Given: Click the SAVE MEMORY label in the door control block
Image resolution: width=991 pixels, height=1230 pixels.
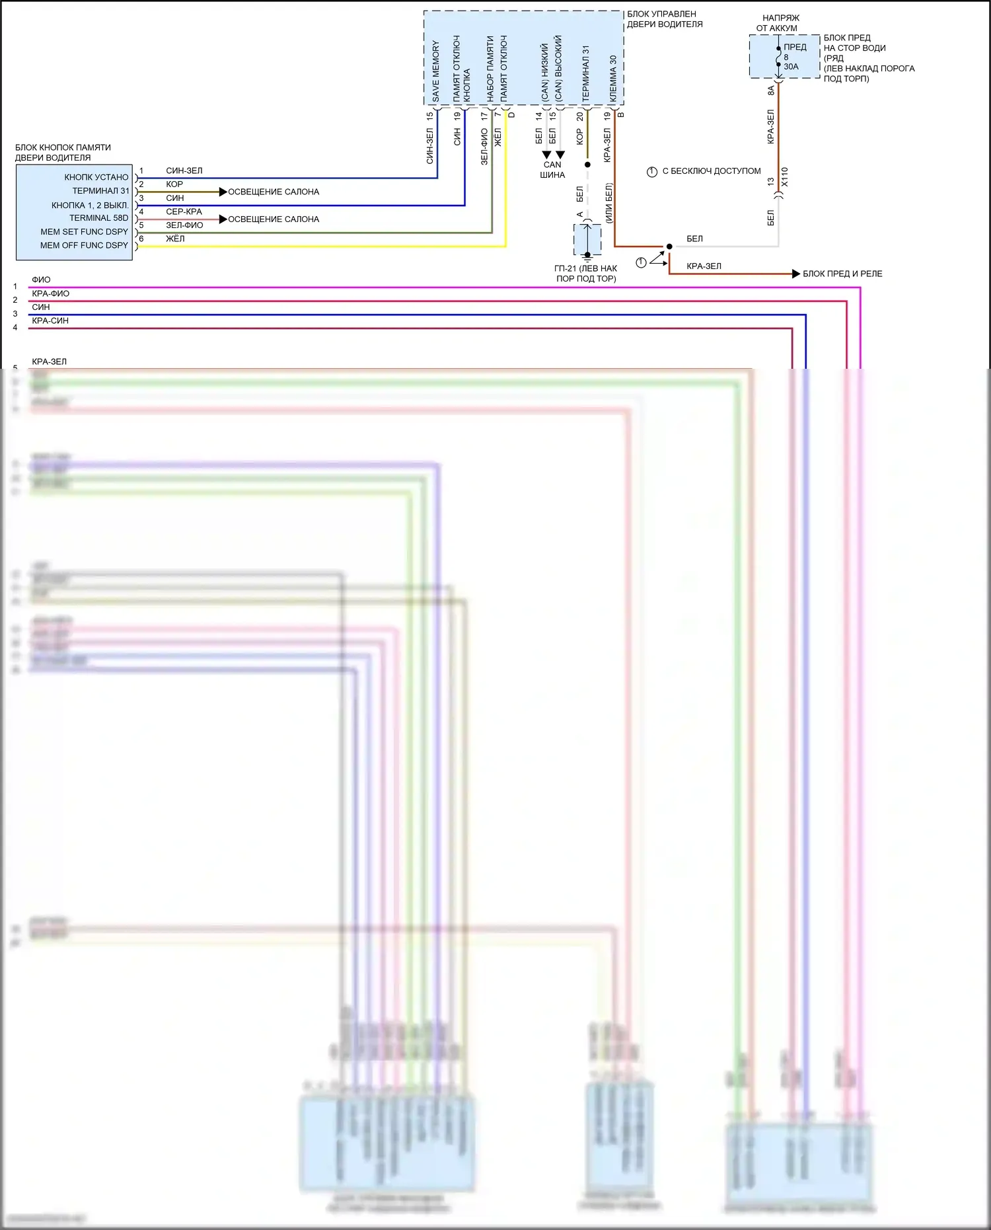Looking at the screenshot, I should (435, 71).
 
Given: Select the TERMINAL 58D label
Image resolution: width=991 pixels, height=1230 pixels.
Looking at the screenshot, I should (98, 218).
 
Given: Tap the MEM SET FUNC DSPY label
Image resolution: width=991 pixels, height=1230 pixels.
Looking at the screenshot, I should (84, 232).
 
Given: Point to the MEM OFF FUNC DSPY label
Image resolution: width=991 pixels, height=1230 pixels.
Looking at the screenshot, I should (84, 245).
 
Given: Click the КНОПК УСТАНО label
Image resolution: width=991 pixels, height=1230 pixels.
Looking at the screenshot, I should (96, 177).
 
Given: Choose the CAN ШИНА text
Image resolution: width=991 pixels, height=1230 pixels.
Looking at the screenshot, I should (552, 170).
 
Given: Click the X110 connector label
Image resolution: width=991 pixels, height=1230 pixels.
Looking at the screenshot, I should (785, 177).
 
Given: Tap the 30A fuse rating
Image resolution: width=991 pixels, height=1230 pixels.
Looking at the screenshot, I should (791, 67).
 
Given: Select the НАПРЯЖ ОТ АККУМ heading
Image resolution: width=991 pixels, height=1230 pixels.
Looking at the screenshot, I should (779, 23).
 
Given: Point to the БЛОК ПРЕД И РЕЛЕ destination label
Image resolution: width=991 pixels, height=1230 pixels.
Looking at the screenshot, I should (842, 274).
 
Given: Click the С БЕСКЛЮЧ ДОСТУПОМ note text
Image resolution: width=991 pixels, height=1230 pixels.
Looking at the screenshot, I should (711, 171).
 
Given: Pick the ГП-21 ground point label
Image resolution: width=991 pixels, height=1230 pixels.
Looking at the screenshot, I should (585, 274).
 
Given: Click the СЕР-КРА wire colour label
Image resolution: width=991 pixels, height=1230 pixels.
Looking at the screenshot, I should (184, 211).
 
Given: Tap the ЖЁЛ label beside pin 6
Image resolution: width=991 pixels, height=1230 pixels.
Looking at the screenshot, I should (175, 239).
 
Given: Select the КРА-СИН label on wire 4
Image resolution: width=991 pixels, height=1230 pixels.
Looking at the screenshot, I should (50, 321).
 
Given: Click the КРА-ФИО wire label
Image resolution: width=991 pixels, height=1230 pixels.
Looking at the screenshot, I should (50, 293).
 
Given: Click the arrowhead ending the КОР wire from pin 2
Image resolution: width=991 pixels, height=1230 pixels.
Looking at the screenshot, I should (223, 192).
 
